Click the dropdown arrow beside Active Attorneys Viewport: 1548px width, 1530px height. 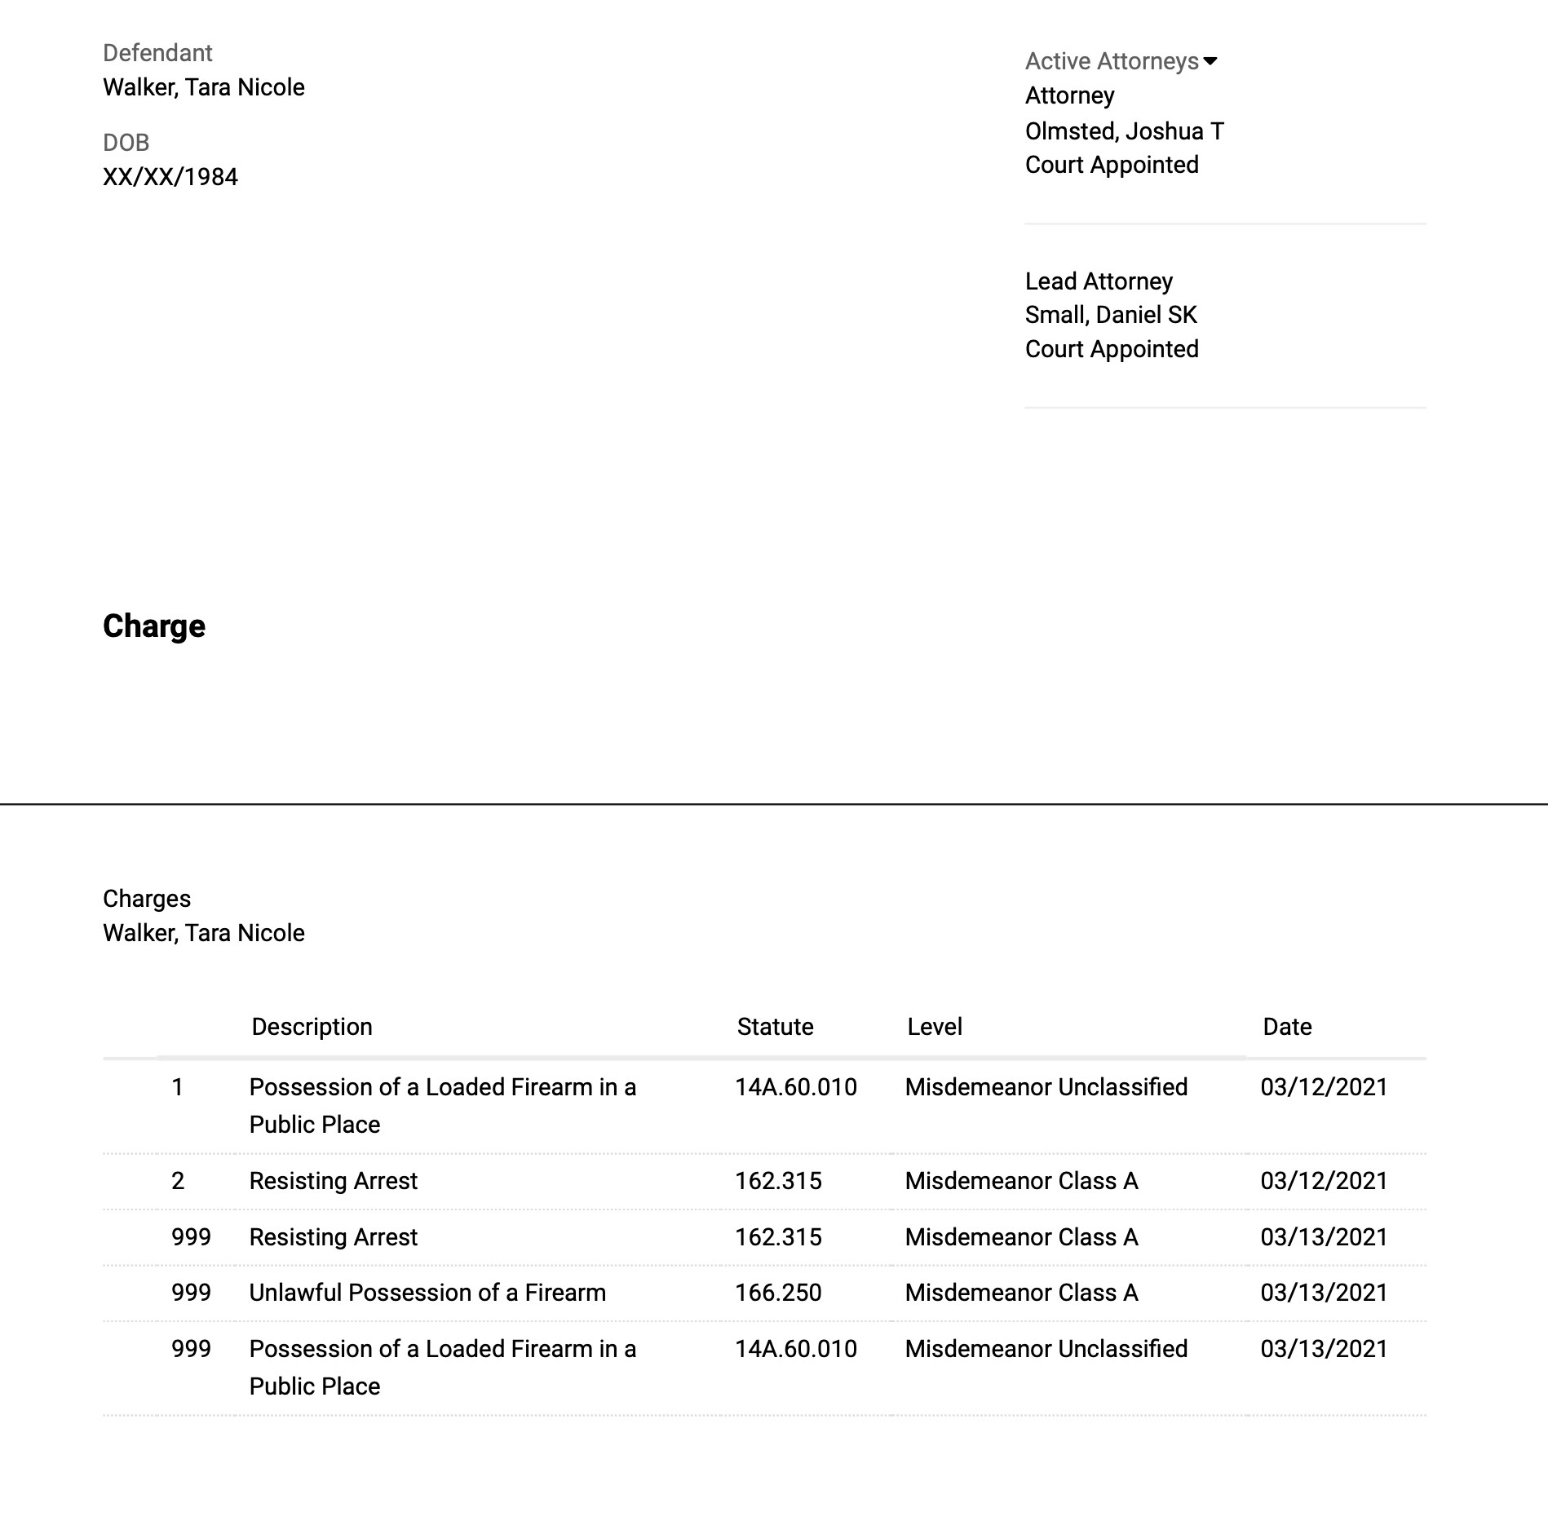[x=1210, y=61]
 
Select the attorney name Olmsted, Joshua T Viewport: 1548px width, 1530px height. [x=1124, y=130]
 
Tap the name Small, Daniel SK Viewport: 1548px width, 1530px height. [x=1110, y=315]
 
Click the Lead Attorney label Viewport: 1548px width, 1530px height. [x=1098, y=281]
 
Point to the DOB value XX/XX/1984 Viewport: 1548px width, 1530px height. [x=170, y=177]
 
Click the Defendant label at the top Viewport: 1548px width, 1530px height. [x=157, y=53]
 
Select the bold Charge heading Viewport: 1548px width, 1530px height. [x=153, y=626]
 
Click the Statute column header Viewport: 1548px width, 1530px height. [x=775, y=1027]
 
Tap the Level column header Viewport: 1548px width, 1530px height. [x=934, y=1027]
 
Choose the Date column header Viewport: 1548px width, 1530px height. [x=1286, y=1027]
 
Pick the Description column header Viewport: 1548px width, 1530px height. [x=312, y=1027]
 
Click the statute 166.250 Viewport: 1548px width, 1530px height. [x=777, y=1293]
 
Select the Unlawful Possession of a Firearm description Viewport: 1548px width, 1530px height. [x=427, y=1293]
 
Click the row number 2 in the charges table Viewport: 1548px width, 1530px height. [x=178, y=1181]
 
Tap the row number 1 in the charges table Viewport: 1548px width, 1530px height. [x=177, y=1087]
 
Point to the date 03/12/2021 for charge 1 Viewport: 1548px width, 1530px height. [x=1323, y=1087]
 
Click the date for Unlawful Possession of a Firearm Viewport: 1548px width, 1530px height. [x=1323, y=1293]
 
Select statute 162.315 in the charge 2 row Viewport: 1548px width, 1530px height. [x=777, y=1181]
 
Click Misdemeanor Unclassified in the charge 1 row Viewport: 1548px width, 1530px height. [x=1046, y=1087]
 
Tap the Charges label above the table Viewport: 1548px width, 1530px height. [x=147, y=899]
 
